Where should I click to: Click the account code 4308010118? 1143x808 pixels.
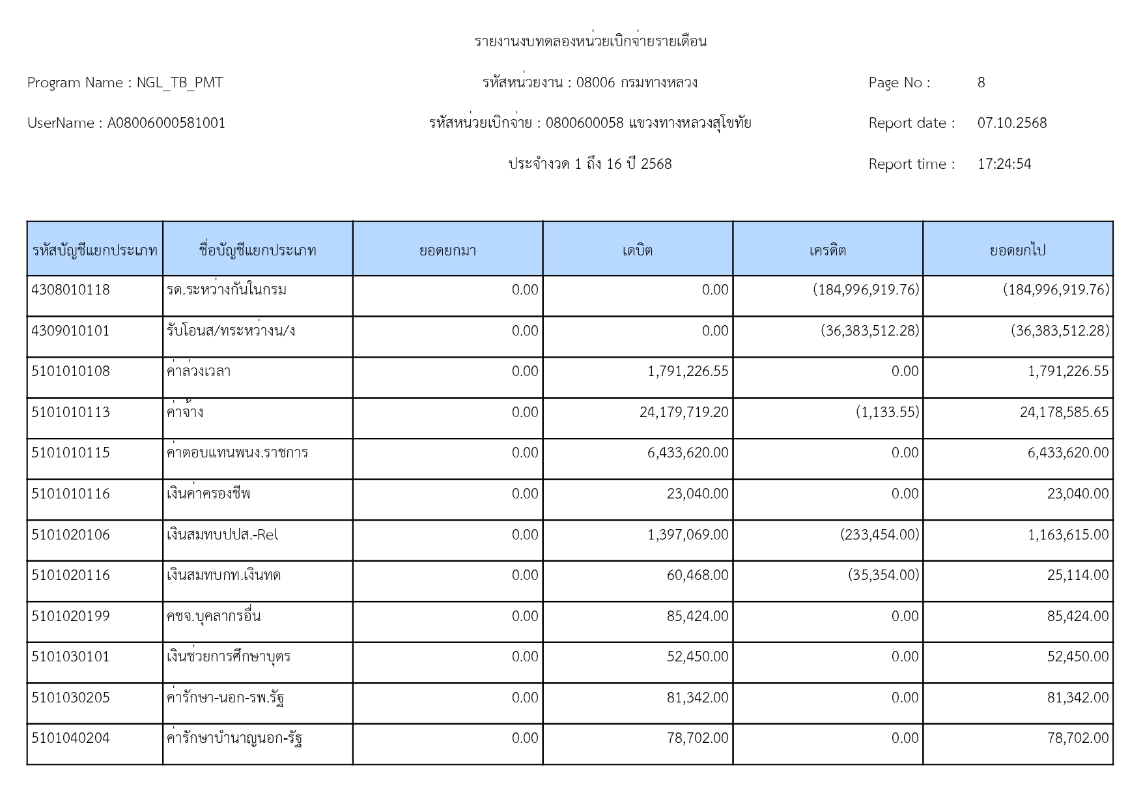[x=70, y=290]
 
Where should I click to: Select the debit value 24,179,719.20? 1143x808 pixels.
[x=684, y=412]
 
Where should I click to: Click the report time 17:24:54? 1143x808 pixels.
[x=1004, y=164]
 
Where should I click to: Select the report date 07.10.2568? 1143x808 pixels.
[x=1011, y=123]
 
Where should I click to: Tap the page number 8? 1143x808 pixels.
[x=981, y=83]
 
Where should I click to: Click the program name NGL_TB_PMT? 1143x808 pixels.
[x=179, y=83]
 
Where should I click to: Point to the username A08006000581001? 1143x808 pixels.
[x=166, y=123]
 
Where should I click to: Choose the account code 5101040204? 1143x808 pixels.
[x=70, y=738]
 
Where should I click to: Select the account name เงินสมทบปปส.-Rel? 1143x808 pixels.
[x=222, y=535]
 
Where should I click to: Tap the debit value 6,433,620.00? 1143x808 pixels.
[x=688, y=453]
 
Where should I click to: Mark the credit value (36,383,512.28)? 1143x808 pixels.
[x=869, y=331]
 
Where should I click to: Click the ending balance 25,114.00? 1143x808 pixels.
[x=1077, y=575]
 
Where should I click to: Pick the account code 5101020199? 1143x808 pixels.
[x=70, y=616]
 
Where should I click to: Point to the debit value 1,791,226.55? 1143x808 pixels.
[x=688, y=371]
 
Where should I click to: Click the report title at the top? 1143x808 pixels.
[x=590, y=42]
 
